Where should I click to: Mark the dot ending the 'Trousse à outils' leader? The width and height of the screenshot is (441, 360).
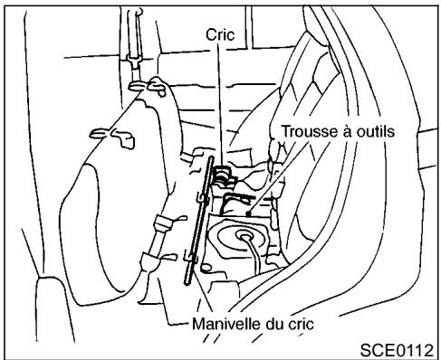[x=246, y=210]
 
